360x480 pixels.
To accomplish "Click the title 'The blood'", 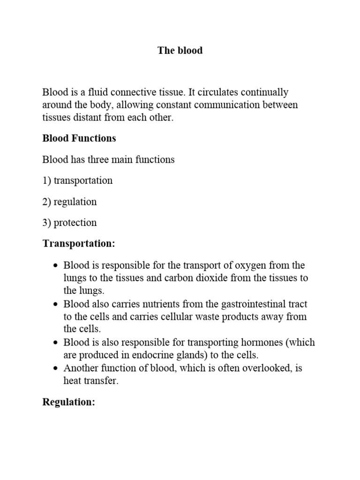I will pyautogui.click(x=180, y=51).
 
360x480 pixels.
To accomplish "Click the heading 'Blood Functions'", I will pyautogui.click(x=79, y=138).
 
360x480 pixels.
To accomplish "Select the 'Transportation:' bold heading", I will pyautogui.click(x=78, y=244).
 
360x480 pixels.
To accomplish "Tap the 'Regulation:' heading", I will pyautogui.click(x=68, y=402).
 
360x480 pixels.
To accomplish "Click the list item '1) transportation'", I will pyautogui.click(x=77, y=180).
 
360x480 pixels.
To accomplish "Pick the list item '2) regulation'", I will pyautogui.click(x=69, y=202).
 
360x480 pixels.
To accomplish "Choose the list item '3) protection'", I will pyautogui.click(x=69, y=223).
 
